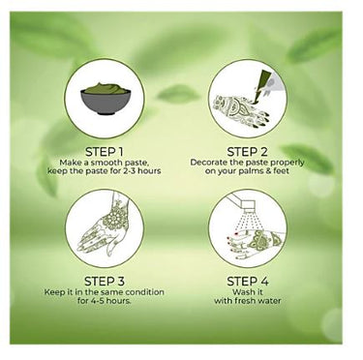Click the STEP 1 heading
[105, 152]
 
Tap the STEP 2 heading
[248, 152]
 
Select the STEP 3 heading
[105, 282]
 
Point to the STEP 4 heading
[248, 282]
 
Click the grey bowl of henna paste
[106, 99]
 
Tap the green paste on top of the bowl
[106, 88]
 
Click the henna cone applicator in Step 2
[263, 85]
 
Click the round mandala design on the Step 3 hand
[114, 219]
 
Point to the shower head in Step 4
[249, 206]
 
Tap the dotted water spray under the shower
[247, 223]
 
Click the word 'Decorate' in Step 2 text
[206, 163]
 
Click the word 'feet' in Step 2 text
[282, 170]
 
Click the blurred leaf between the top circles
[177, 94]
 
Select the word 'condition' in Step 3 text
[144, 292]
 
